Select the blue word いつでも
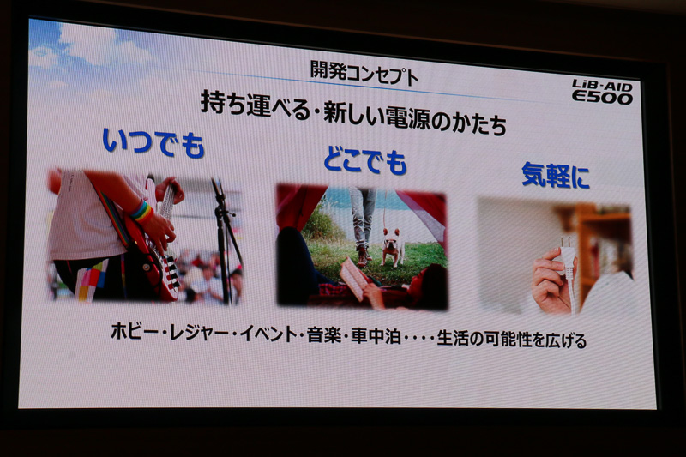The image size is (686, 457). point(153,142)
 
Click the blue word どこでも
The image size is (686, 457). point(364,160)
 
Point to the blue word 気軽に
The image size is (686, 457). point(556,177)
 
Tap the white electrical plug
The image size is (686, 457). point(567,258)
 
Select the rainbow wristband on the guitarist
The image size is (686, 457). point(141,211)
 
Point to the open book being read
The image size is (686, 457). point(353,279)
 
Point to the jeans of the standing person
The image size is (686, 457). point(361,215)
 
